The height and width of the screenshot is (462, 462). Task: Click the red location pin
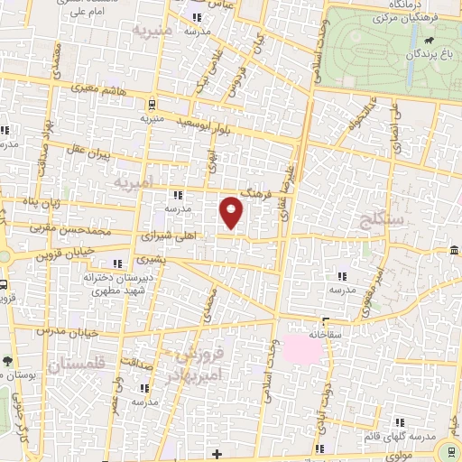tap(233, 212)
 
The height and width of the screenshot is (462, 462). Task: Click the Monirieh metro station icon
tap(152, 103)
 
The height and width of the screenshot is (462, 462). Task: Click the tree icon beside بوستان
tap(6, 361)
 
